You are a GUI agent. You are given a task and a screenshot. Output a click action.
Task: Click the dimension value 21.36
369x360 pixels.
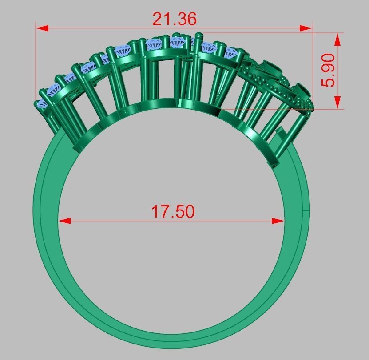pyautogui.click(x=174, y=19)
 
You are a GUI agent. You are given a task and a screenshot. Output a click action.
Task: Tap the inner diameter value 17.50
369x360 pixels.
pyautogui.click(x=173, y=212)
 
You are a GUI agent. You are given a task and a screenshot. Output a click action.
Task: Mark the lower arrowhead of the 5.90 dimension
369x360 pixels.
pyautogui.click(x=337, y=102)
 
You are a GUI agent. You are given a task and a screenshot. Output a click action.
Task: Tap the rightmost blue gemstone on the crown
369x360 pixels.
pyautogui.click(x=230, y=53)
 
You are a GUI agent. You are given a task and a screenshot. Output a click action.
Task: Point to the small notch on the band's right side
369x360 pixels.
pyautogui.click(x=306, y=209)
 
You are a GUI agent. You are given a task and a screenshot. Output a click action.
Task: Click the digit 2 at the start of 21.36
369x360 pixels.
pyautogui.click(x=158, y=19)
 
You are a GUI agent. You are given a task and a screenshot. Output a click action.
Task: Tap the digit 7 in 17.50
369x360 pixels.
pyautogui.click(x=164, y=212)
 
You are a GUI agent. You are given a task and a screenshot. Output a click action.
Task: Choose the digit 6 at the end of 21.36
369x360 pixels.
pyautogui.click(x=191, y=19)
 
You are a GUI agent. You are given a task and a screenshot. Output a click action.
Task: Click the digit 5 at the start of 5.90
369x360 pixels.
pyautogui.click(x=330, y=82)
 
